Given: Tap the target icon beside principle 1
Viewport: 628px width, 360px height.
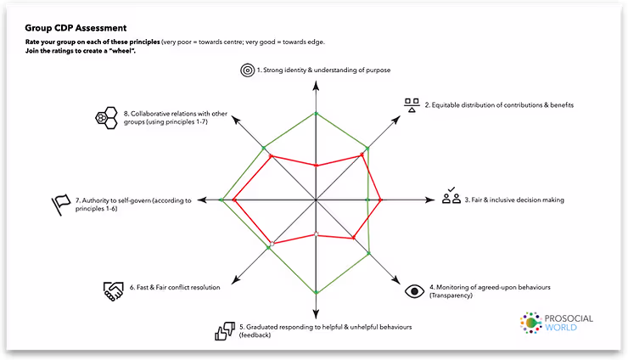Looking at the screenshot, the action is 247,70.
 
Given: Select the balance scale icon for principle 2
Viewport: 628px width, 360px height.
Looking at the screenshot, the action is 412,105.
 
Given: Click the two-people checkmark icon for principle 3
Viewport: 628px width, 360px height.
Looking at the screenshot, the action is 451,197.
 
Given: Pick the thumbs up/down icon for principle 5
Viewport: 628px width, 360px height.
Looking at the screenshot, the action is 225,330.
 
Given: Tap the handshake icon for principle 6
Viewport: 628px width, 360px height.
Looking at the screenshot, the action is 114,289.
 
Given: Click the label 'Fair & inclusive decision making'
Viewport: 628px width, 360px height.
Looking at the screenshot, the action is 514,200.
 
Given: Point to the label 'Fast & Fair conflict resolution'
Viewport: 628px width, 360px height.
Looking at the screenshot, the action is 176,288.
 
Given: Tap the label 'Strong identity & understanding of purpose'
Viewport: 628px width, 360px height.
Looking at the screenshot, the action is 323,70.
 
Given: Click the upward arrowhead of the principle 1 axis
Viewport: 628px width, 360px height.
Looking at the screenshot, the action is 316,86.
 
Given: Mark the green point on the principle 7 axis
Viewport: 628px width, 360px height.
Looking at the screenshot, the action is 221,200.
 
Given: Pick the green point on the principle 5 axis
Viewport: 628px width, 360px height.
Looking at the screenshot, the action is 316,291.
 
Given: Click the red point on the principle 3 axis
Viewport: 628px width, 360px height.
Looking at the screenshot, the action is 380,200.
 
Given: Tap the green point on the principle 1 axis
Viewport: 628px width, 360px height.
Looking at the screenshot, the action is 316,113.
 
